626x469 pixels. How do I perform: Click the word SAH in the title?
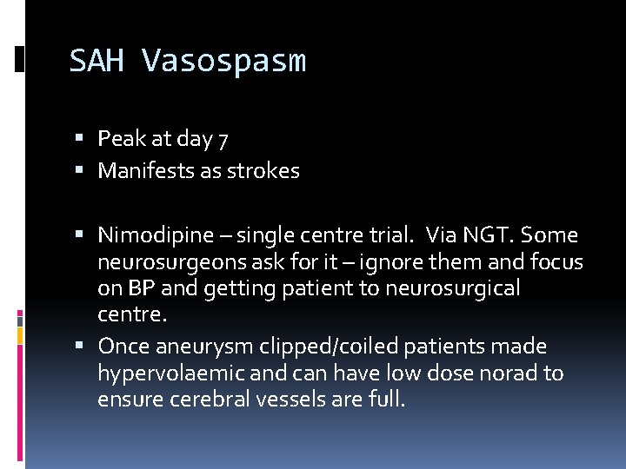click(x=97, y=61)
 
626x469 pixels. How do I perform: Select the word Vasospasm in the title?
click(x=223, y=61)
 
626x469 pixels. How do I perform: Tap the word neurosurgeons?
click(x=163, y=261)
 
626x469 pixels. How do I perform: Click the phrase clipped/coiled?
click(x=329, y=347)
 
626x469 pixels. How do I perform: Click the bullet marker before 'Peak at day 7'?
click(x=79, y=139)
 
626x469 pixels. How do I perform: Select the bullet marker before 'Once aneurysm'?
click(x=79, y=347)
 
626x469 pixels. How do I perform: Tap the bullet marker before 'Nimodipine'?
click(x=79, y=235)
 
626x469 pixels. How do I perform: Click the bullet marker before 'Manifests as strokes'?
click(x=79, y=171)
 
